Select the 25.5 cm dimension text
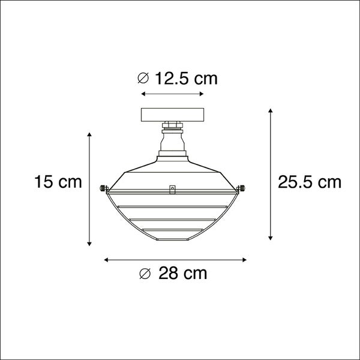pos(310,182)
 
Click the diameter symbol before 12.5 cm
pos(143,78)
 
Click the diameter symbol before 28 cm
pos(143,274)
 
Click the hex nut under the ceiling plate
pos(173,127)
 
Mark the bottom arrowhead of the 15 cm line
pos(90,243)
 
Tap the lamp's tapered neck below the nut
pos(173,144)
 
